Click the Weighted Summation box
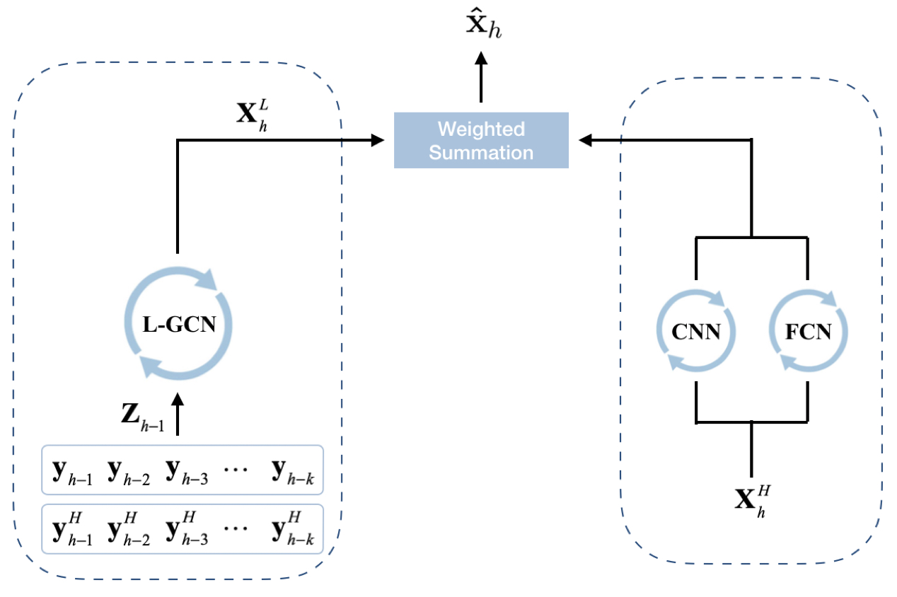click(481, 140)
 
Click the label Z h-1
click(142, 414)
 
